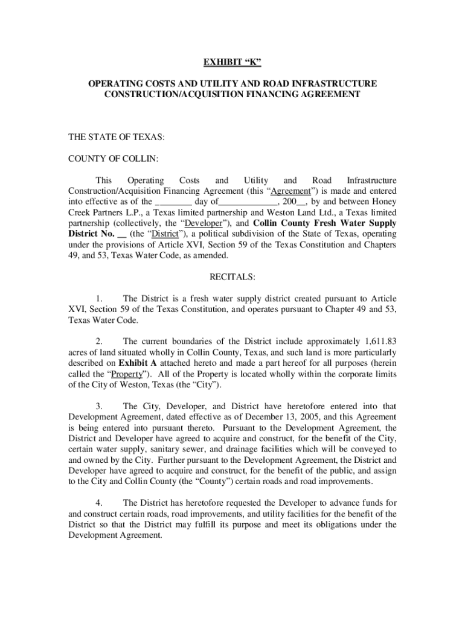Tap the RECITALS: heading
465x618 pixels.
point(232,277)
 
